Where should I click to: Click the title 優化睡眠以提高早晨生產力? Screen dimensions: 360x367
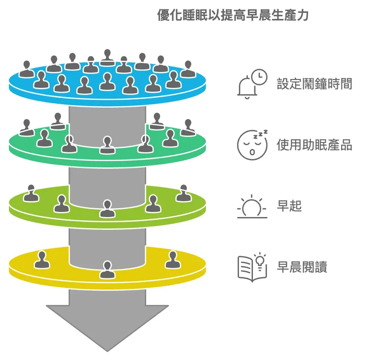pos(233,15)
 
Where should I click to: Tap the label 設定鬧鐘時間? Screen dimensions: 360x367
pos(314,83)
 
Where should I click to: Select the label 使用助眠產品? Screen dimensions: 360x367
pos(314,145)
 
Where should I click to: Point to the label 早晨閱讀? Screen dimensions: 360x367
pos(302,267)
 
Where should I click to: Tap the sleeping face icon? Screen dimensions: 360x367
pos(252,144)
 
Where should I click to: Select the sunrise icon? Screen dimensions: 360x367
pos(252,207)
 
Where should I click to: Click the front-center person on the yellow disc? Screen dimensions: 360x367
pos(107,270)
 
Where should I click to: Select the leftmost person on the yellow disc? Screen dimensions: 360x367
pos(42,259)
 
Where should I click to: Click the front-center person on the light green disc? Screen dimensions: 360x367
pos(107,209)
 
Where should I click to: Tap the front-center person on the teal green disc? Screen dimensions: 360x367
pos(107,145)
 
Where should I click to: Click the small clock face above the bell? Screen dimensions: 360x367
pos(258,76)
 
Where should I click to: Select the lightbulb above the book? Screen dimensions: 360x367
pos(260,259)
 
